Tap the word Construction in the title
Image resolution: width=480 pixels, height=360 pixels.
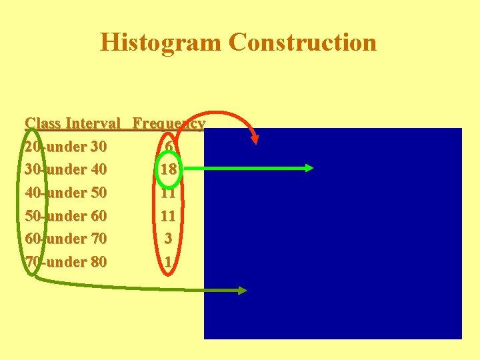(302, 42)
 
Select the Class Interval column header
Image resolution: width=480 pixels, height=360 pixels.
(73, 123)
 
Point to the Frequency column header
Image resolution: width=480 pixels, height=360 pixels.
(168, 123)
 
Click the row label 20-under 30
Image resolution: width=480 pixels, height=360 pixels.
(65, 146)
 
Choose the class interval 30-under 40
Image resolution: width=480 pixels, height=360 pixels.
(65, 169)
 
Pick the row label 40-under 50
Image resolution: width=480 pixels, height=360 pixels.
(65, 193)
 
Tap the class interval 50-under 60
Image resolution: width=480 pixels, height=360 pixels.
(65, 216)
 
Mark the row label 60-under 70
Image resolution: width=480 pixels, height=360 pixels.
(65, 239)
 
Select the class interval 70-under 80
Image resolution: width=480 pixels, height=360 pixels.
(65, 262)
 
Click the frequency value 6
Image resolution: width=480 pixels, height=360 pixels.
(169, 146)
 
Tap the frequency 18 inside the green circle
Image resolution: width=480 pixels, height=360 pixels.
(169, 169)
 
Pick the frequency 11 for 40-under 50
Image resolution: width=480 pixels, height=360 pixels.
(169, 193)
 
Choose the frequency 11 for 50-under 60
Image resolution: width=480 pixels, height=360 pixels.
(169, 216)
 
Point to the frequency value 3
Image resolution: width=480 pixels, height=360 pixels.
(169, 239)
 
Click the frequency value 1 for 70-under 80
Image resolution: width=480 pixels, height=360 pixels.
(169, 262)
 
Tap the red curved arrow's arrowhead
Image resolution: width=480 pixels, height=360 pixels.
(255, 139)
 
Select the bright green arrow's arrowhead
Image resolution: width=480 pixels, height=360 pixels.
(308, 168)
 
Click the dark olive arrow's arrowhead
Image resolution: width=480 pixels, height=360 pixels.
(242, 290)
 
